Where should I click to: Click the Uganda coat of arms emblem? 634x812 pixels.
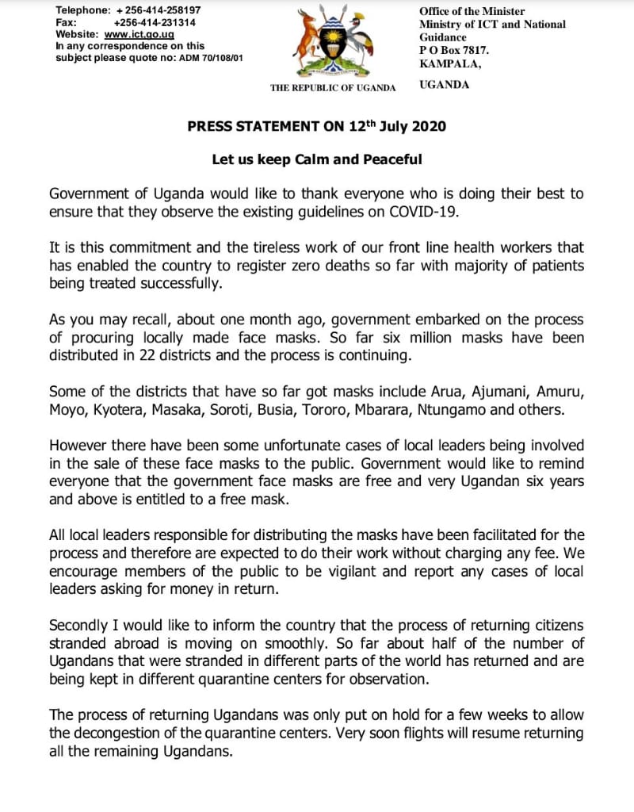[x=332, y=41]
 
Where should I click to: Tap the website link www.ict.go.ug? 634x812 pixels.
[x=139, y=34]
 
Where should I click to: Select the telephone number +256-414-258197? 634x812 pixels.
[x=158, y=10]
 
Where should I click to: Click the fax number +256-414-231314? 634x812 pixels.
[x=155, y=22]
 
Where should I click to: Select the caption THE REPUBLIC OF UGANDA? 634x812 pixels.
[x=333, y=87]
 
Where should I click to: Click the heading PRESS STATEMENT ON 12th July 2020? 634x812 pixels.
[x=316, y=126]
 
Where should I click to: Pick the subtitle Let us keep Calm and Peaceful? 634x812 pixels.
[x=316, y=159]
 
